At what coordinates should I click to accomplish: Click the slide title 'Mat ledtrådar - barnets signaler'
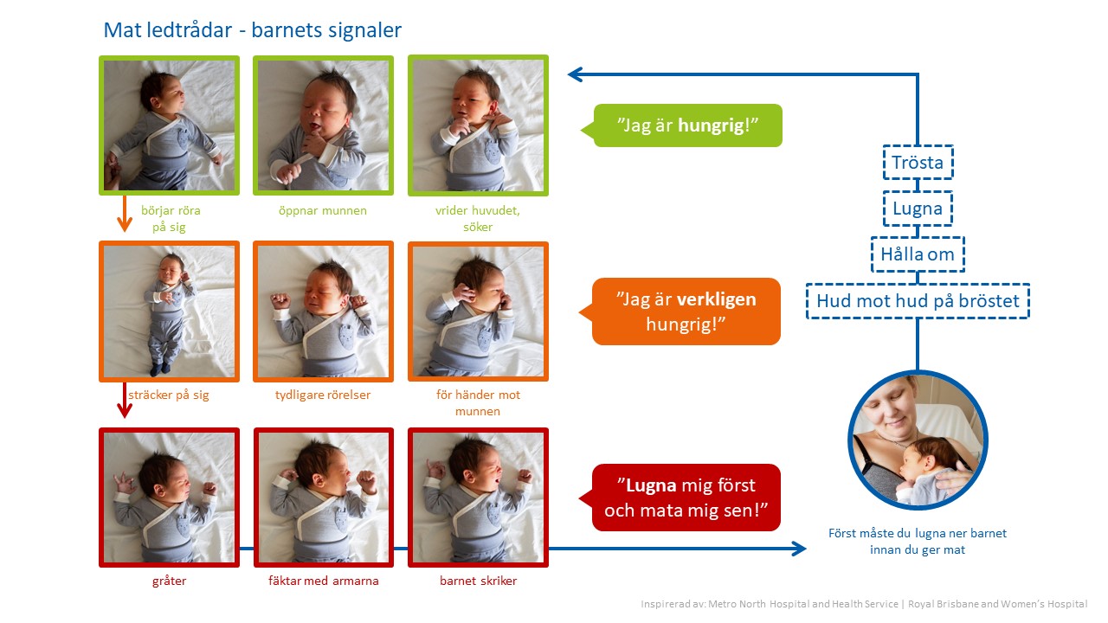252,30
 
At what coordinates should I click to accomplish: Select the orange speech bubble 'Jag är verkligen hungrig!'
681,311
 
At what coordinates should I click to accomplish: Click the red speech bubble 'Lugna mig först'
681,498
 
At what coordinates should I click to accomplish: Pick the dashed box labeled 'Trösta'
918,162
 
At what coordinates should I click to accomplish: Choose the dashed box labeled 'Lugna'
918,209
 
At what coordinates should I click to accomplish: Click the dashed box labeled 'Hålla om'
918,254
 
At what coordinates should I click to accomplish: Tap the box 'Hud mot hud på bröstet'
918,300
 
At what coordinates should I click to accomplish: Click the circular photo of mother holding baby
918,440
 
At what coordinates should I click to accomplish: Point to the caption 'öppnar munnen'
323,210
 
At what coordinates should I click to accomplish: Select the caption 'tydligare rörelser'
323,395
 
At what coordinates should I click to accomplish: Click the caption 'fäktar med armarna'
324,581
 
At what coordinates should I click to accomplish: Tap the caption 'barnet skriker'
479,581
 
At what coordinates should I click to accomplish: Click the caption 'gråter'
169,581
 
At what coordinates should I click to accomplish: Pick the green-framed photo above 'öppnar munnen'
324,125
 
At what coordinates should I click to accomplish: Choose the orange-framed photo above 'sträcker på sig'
169,311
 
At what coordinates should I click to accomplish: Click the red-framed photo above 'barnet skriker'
479,498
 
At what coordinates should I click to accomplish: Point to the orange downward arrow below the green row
124,214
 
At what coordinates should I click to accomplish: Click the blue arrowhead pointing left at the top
575,74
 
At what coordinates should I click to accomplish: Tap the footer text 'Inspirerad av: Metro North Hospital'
770,604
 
